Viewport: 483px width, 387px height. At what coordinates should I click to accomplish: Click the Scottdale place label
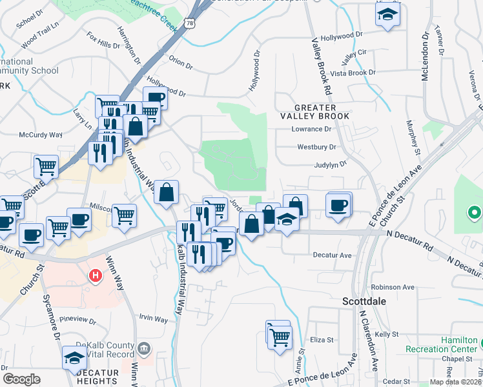(x=364, y=301)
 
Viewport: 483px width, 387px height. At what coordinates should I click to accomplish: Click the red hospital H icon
(x=96, y=275)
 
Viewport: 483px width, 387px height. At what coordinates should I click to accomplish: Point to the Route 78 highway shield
(x=189, y=23)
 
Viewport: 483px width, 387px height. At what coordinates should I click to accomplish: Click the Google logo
(x=21, y=379)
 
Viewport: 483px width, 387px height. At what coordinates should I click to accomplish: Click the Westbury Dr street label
(x=316, y=147)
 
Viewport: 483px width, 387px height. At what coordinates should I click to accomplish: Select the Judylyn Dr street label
(x=330, y=164)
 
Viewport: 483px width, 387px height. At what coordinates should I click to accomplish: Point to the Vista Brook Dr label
(x=353, y=73)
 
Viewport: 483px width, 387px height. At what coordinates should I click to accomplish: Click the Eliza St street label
(x=321, y=339)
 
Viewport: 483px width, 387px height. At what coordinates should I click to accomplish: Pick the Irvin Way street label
(x=154, y=319)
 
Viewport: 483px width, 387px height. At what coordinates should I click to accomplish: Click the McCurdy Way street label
(x=41, y=135)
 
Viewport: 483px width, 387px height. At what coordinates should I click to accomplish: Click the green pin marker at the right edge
(x=474, y=212)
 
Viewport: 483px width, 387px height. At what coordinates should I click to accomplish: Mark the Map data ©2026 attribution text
(x=455, y=381)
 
